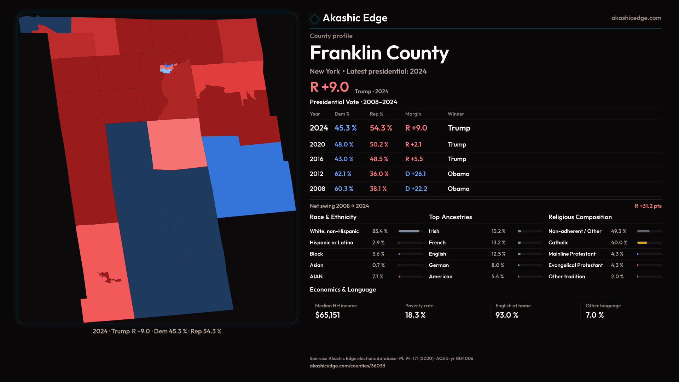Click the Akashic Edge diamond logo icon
click(x=314, y=19)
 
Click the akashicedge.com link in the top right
click(x=636, y=18)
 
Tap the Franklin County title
click(x=379, y=53)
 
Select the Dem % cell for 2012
click(x=343, y=174)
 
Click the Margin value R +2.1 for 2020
click(x=413, y=145)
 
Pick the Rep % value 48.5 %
click(x=379, y=159)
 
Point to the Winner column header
click(x=455, y=114)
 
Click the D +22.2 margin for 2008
click(x=416, y=189)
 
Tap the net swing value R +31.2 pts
click(x=648, y=206)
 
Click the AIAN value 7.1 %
click(x=378, y=277)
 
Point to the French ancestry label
click(x=437, y=243)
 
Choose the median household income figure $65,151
click(x=327, y=315)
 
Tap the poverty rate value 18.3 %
click(x=415, y=315)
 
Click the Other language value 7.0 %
click(x=594, y=315)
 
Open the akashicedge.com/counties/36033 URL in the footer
click(x=347, y=366)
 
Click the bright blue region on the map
click(x=251, y=180)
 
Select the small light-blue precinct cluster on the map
click(x=166, y=70)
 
